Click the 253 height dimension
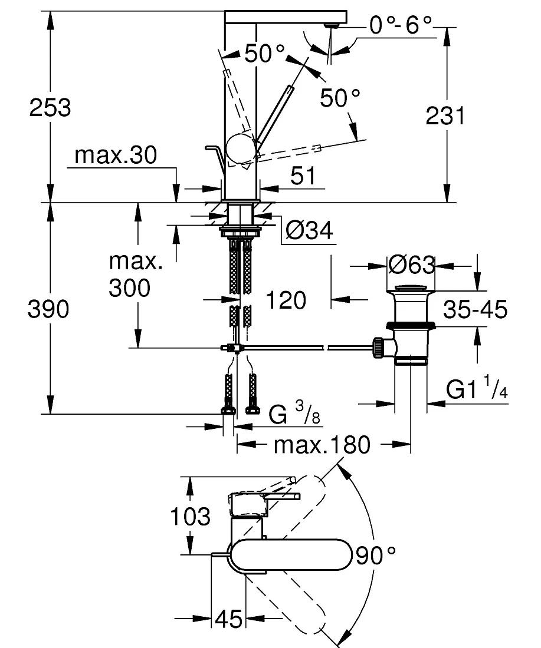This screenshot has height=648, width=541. click(x=50, y=107)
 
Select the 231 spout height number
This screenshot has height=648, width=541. click(x=445, y=115)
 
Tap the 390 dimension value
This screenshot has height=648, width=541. click(x=48, y=309)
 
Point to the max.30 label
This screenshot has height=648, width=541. click(x=116, y=156)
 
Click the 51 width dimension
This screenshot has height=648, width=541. click(x=303, y=176)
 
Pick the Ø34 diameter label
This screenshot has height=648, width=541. click(x=309, y=230)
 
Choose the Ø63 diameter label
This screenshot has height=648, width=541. click(x=412, y=265)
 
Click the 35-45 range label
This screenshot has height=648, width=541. click(x=475, y=309)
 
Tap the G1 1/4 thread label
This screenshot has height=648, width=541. click(x=477, y=387)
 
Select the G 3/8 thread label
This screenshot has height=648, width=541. click(x=294, y=413)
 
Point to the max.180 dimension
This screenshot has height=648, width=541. click(x=322, y=445)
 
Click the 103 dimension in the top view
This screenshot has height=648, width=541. click(x=191, y=517)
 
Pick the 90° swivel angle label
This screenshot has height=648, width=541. click(x=375, y=556)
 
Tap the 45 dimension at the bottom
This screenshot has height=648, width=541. click(x=229, y=619)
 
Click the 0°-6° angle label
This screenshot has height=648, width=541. click(x=401, y=25)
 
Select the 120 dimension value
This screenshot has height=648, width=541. click(x=286, y=300)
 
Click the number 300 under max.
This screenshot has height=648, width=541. click(x=130, y=288)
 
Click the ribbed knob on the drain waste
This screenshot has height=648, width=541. click(x=378, y=348)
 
